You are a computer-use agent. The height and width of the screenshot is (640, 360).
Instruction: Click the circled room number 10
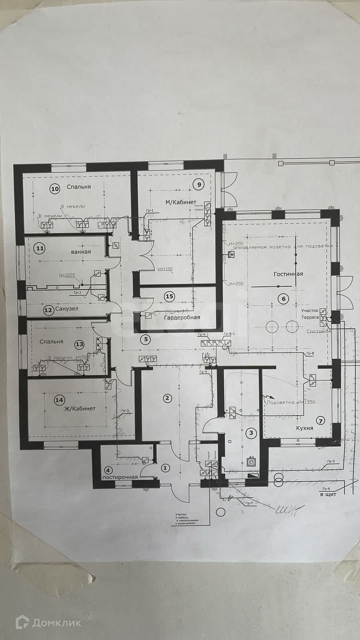click(55, 188)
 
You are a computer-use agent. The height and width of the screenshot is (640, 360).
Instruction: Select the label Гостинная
click(288, 274)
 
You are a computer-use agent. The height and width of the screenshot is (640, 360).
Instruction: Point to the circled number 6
click(284, 298)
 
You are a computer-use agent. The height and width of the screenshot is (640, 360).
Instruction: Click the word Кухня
click(304, 428)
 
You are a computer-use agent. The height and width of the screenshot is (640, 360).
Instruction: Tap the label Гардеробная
click(182, 317)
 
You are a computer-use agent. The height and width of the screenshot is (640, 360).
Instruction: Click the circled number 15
click(170, 296)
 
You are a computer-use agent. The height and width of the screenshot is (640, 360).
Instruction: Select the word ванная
click(81, 252)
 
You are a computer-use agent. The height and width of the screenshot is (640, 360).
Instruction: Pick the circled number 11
click(40, 248)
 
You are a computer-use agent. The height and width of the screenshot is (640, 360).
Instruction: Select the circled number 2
click(167, 398)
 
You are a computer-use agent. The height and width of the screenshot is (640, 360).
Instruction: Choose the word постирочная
click(120, 477)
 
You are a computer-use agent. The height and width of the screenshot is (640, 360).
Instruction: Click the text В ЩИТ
click(328, 495)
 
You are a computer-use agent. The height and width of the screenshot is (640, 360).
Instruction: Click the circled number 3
click(251, 432)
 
